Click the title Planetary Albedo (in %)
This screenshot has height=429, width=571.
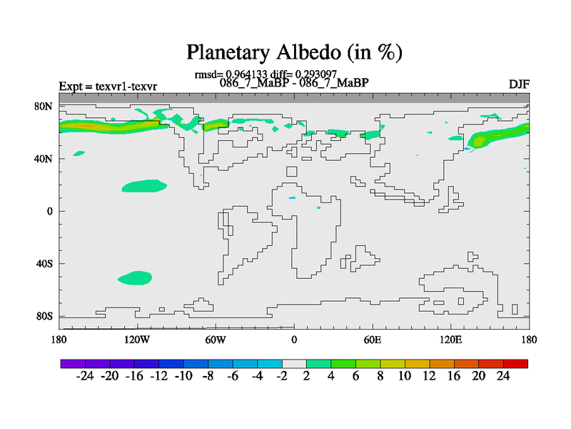294,52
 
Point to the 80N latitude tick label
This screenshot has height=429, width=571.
44,106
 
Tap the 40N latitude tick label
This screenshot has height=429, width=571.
44,158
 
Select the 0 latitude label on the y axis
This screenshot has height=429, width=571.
50,211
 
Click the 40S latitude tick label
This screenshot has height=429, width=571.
45,264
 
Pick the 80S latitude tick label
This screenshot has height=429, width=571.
45,316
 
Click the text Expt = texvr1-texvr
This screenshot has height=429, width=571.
108,87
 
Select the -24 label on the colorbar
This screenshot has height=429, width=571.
86,375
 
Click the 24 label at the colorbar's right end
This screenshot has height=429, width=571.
503,375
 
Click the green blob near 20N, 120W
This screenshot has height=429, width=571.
144,186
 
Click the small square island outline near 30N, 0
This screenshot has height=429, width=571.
291,171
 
